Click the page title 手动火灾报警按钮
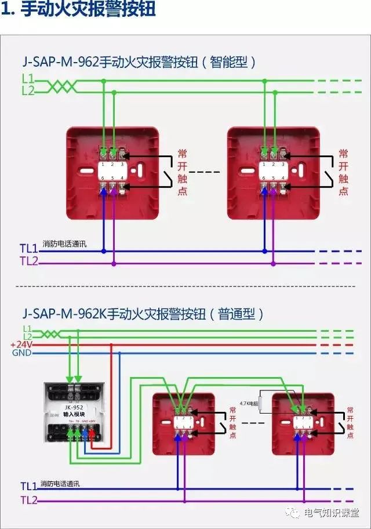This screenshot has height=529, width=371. pos(87,11)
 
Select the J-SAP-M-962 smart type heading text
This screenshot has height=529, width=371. pos(139,61)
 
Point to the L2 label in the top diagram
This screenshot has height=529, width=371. pos(28,90)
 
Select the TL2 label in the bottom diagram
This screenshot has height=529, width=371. pos(29,499)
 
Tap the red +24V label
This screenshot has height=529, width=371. pos(21,345)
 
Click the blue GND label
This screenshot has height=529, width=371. pos(21,353)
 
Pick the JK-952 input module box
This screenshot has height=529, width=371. pos(75,412)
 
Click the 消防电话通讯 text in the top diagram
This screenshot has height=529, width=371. pos(64,245)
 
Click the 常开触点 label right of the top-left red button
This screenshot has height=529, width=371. pos(182,172)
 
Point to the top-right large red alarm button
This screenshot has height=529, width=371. pos(274,173)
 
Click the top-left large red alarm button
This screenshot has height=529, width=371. pos(112,173)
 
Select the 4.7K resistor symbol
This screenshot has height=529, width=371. pos(263,402)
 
